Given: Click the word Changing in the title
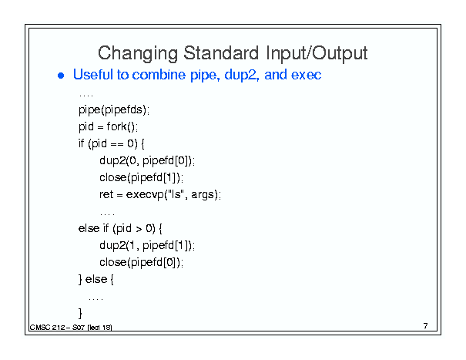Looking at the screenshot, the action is pos(138,54).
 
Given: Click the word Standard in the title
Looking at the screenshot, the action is pos(221,52).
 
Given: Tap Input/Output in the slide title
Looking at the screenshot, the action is pos(317,53).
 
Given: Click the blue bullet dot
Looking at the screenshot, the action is pos(61,76).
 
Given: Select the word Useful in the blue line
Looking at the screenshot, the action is pos(93,74).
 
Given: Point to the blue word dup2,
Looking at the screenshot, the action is pos(242,75).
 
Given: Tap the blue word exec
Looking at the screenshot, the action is pos(306,75).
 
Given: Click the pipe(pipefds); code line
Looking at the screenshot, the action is pos(114,110).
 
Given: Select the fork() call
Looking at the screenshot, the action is pos(122,126).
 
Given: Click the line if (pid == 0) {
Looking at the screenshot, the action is pos(112,143).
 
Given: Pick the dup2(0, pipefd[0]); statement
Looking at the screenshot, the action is pos(147,161).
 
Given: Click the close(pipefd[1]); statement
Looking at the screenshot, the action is pos(141,178).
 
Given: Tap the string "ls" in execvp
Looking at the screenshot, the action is pos(175,194).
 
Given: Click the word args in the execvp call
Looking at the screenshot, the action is pos(203,195).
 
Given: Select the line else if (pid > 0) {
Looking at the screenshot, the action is pos(120,228).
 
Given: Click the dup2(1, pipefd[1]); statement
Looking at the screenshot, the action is pos(147,246).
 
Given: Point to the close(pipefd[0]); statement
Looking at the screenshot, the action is pos(141,263).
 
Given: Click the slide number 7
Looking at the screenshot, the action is pos(426,326).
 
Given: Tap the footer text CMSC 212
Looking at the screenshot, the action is pos(48,328).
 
